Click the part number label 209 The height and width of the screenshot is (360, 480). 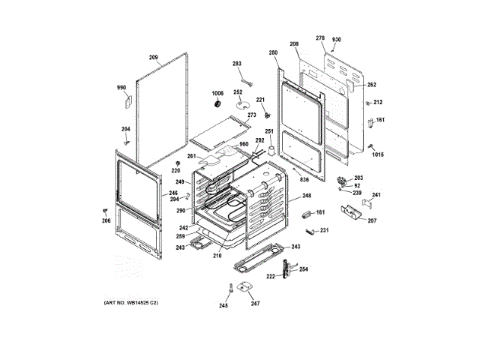point(153,58)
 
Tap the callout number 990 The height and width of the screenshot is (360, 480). point(121,88)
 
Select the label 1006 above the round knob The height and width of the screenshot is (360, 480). point(217,93)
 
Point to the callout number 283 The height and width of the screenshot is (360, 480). point(237,64)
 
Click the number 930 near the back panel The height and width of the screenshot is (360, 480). point(337,38)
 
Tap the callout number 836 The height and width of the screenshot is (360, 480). point(304,180)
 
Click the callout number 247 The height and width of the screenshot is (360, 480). point(255,304)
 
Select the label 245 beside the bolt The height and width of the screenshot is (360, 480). point(223,304)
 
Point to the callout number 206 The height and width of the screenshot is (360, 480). point(106,220)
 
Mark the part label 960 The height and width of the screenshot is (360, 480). point(243,144)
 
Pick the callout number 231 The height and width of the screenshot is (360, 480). point(324,229)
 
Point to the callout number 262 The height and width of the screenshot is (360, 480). point(371,85)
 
